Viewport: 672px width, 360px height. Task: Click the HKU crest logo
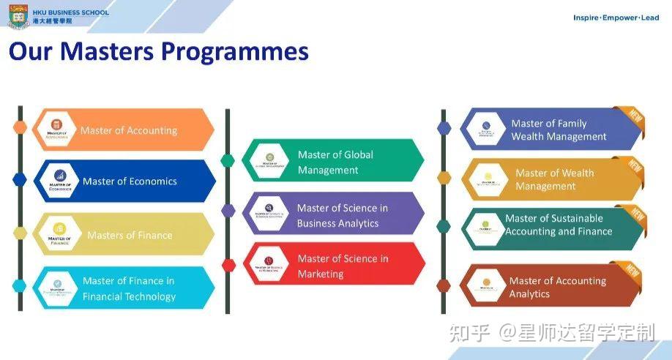pos(18,15)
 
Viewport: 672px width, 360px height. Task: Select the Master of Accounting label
pos(129,130)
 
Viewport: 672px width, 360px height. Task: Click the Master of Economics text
pos(130,181)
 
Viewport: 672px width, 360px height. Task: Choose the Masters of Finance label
pos(130,235)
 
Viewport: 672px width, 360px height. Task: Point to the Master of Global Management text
pos(335,162)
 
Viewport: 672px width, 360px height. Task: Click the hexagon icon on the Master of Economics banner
pos(59,180)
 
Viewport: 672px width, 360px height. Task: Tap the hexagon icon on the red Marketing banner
pos(269,264)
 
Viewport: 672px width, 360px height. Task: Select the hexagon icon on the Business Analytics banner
pos(269,213)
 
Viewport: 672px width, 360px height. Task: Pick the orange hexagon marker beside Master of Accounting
pos(20,127)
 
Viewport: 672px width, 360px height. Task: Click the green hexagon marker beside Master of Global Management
pos(228,160)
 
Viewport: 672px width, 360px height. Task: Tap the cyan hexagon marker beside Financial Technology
pos(20,286)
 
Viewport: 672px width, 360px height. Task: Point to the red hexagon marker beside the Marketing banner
pos(228,265)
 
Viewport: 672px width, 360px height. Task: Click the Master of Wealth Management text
pos(554,179)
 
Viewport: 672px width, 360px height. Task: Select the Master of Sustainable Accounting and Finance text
pos(558,225)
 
